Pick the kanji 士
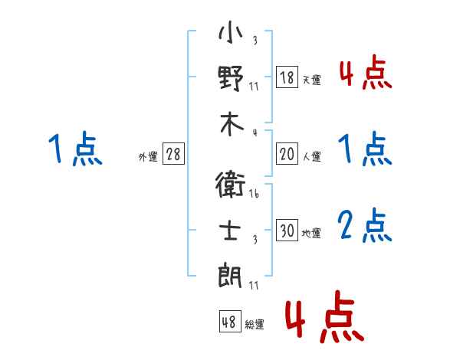231,229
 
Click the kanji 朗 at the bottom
231,273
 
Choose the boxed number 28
174,155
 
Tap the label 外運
148,157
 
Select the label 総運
255,325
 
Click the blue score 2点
364,226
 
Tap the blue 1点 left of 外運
75,149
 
